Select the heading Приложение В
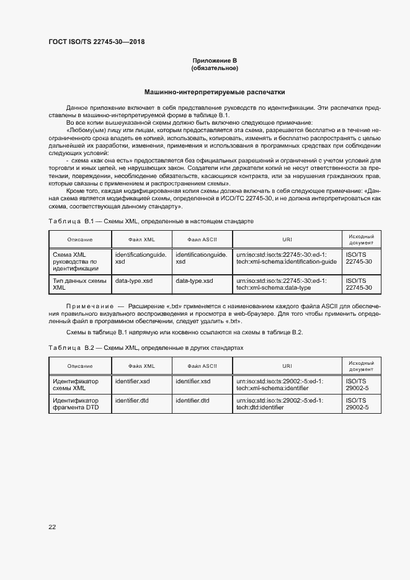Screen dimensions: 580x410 coord(215,60)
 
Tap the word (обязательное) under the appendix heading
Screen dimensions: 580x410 coord(215,68)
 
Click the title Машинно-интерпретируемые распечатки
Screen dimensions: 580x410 coord(215,91)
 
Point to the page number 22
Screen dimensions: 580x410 coord(52,527)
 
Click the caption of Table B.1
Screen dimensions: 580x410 coord(151,221)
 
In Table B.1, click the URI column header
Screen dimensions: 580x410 coord(287,239)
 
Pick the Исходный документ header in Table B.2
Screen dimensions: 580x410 coord(361,365)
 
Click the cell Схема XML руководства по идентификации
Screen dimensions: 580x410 coord(76,261)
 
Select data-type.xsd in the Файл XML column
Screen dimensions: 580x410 coord(134,280)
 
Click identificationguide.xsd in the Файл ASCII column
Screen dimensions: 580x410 coord(201,257)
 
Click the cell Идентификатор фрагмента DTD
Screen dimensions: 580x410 coord(76,404)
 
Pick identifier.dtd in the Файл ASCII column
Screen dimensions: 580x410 coord(192,401)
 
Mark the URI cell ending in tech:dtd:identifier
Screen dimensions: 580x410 coord(280,404)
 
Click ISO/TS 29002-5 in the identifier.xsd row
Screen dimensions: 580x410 coord(357,385)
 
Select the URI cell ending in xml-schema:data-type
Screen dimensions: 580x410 coord(281,284)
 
